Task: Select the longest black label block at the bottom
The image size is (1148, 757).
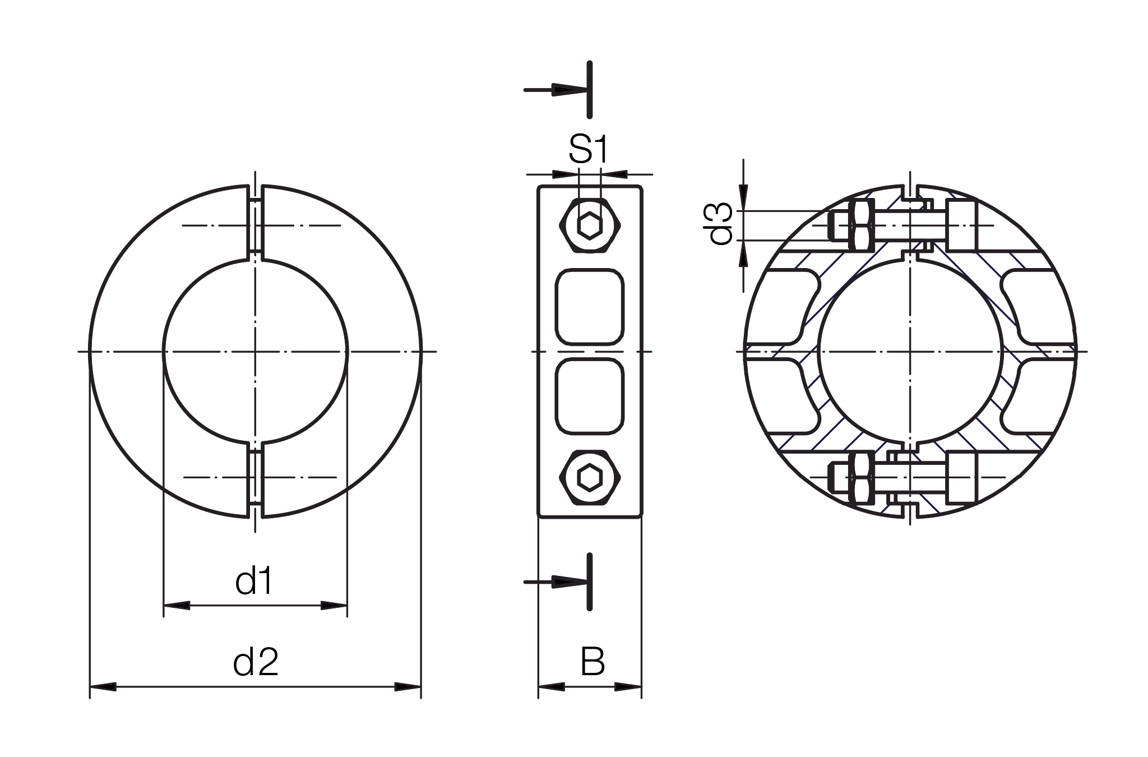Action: (x=325, y=662)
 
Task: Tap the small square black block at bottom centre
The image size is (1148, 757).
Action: (x=607, y=662)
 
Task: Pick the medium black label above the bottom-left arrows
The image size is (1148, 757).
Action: (x=289, y=581)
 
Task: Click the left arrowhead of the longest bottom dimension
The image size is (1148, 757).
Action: (x=105, y=686)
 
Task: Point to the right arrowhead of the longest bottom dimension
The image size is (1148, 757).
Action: (x=405, y=686)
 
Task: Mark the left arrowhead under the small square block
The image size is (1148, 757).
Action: (x=555, y=686)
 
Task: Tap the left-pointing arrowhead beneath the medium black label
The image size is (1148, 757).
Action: (x=179, y=606)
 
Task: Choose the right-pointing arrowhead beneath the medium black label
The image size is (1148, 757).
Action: (x=331, y=606)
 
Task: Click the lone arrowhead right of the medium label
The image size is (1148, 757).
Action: (x=564, y=582)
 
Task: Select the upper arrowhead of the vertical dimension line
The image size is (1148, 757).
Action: (x=744, y=196)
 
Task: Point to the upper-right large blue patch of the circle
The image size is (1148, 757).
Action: (x=987, y=275)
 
